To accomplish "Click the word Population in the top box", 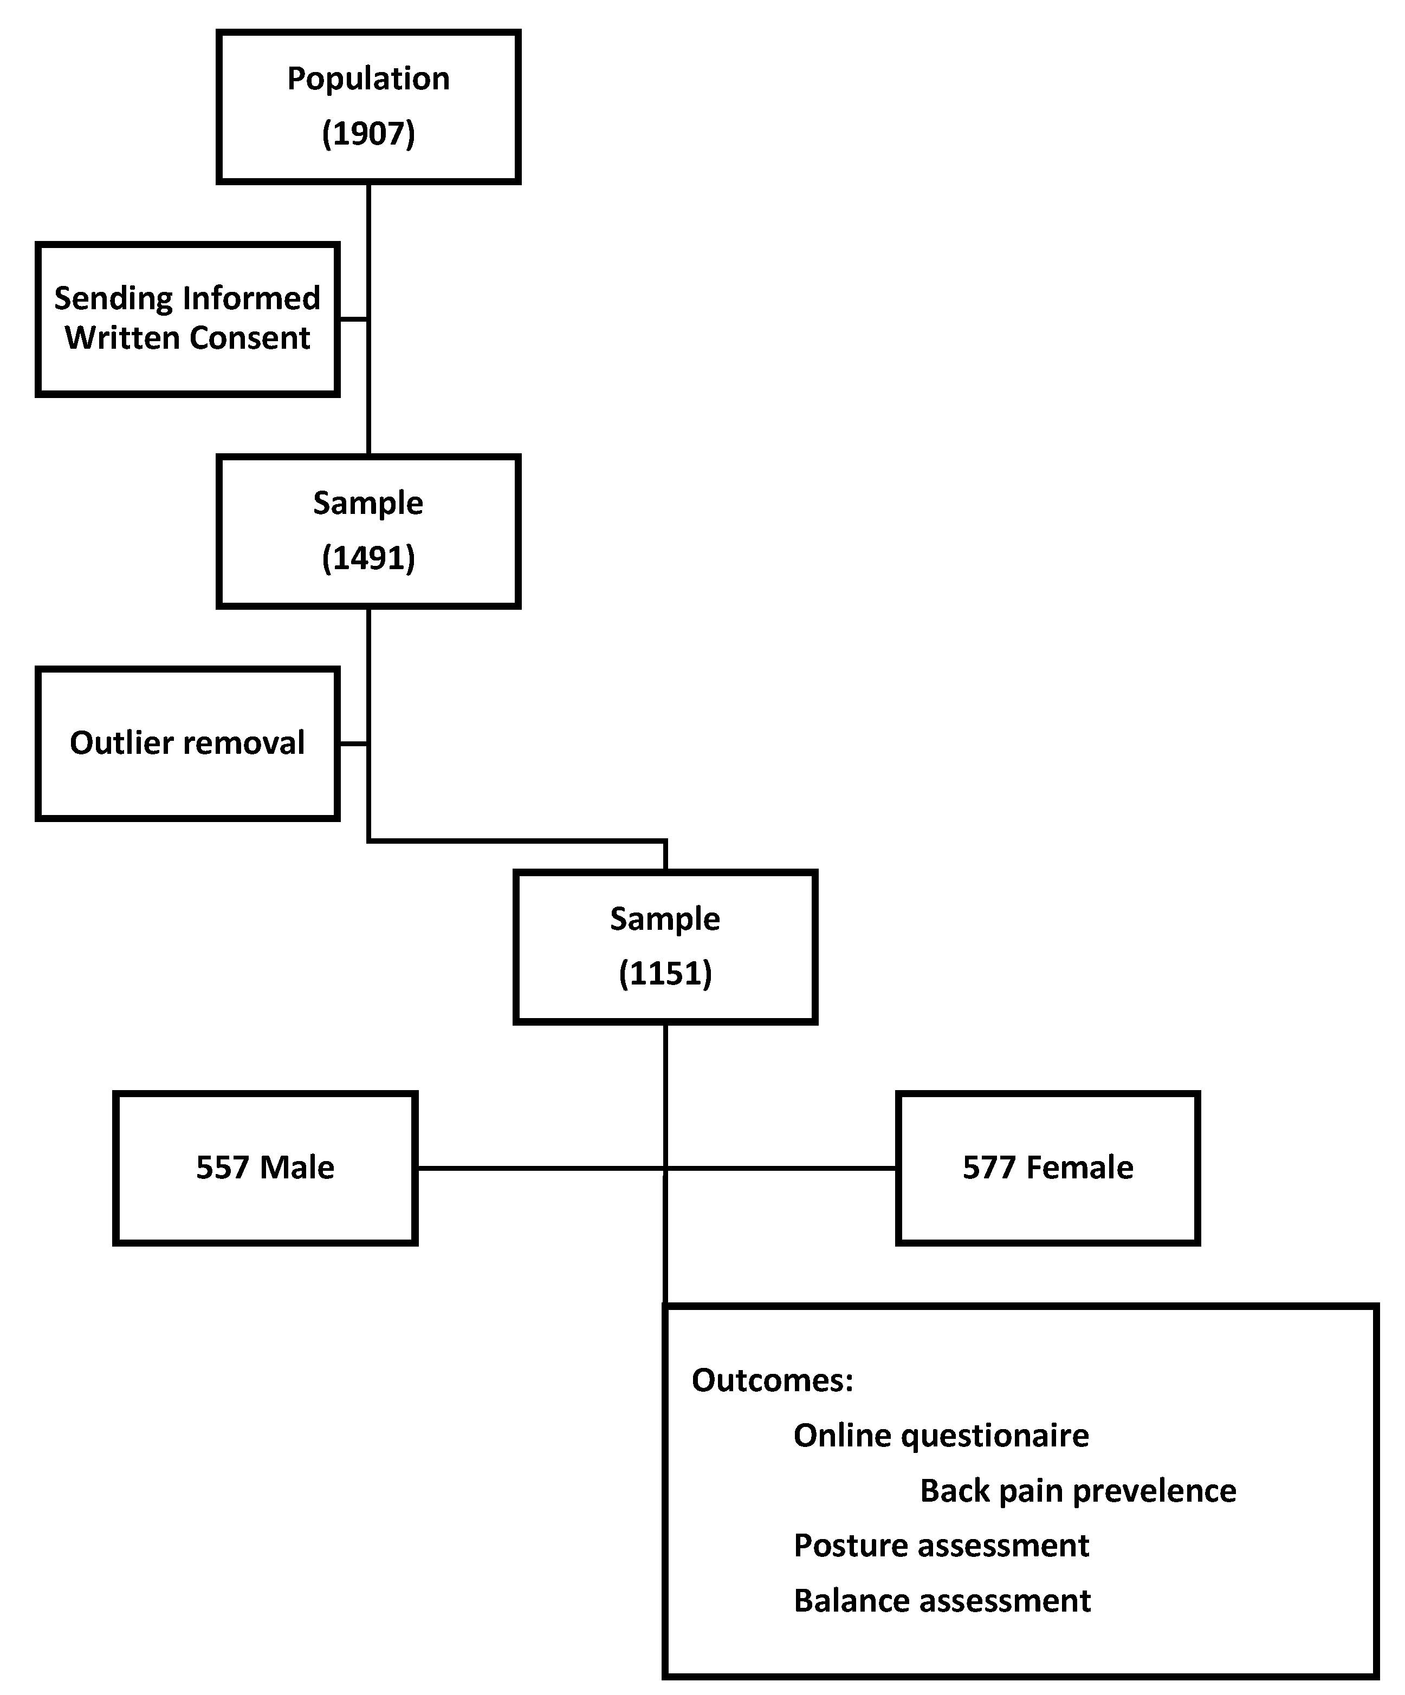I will [368, 79].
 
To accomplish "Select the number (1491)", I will [368, 558].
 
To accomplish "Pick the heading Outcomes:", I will [772, 1380].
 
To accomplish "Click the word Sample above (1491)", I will [368, 504].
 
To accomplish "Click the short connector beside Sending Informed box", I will [353, 320].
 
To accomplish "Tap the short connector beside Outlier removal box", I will [353, 744].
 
